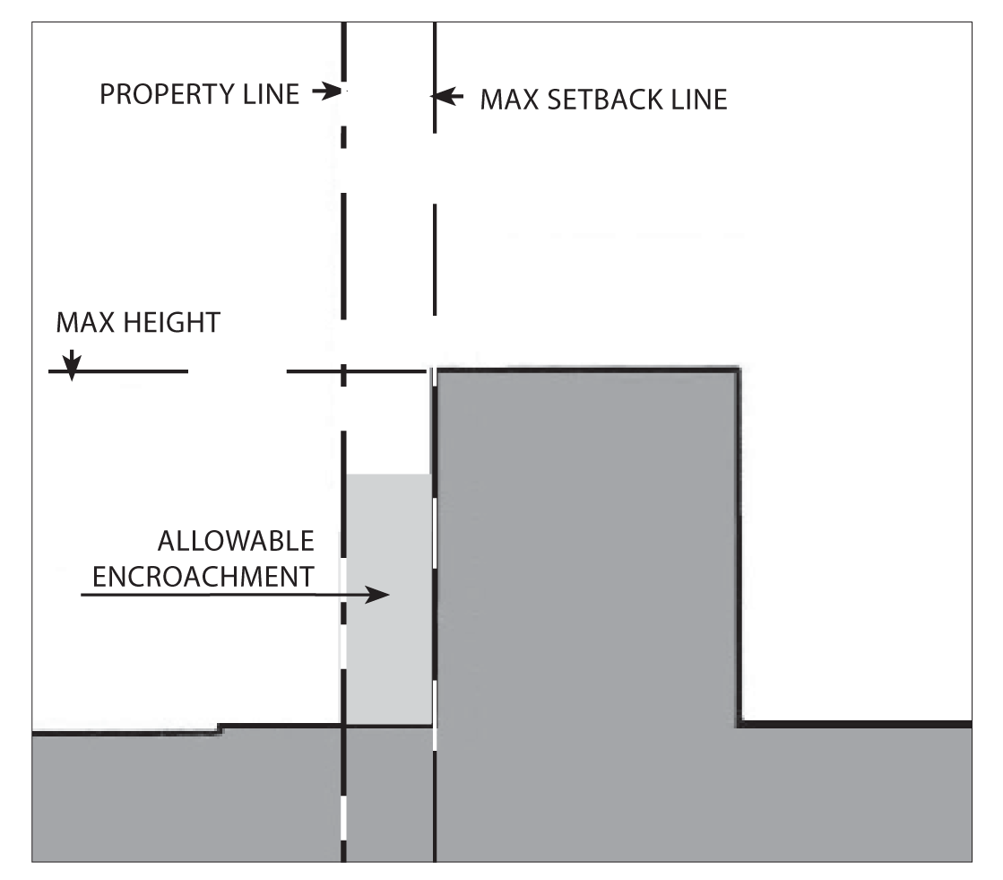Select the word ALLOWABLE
point(236,542)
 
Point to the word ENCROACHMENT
point(204,577)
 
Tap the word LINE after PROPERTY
point(269,93)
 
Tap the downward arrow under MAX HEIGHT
point(72,364)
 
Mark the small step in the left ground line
point(220,728)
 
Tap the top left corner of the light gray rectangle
point(348,475)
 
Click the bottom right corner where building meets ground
point(739,724)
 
